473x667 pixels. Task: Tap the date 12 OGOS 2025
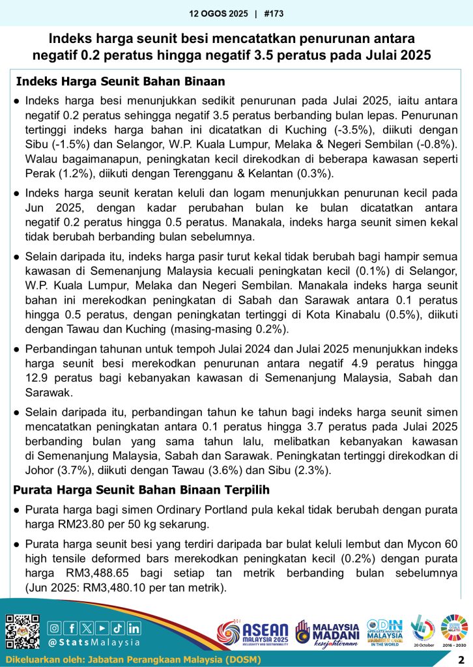[x=220, y=13]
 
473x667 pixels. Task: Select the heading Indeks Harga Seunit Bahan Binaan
[x=120, y=82]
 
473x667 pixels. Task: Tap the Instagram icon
[x=55, y=628]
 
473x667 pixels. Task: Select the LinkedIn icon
[x=134, y=628]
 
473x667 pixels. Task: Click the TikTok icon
[x=118, y=628]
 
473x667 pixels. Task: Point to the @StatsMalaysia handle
[x=94, y=642]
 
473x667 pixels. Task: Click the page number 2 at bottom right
[x=461, y=660]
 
